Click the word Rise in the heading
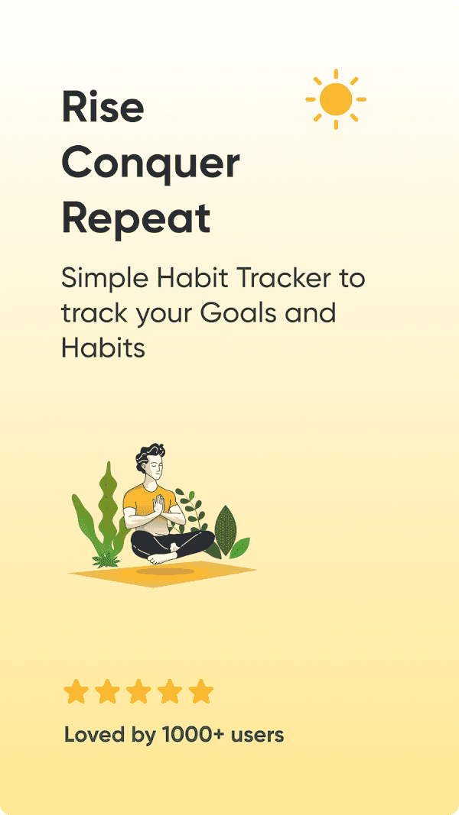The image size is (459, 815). click(x=103, y=106)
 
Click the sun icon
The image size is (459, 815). click(x=336, y=99)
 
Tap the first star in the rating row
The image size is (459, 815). click(x=76, y=692)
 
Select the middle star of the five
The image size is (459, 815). click(x=138, y=692)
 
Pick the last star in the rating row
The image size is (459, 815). click(x=201, y=692)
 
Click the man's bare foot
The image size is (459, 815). click(x=161, y=558)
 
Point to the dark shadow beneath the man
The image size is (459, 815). click(x=165, y=571)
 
